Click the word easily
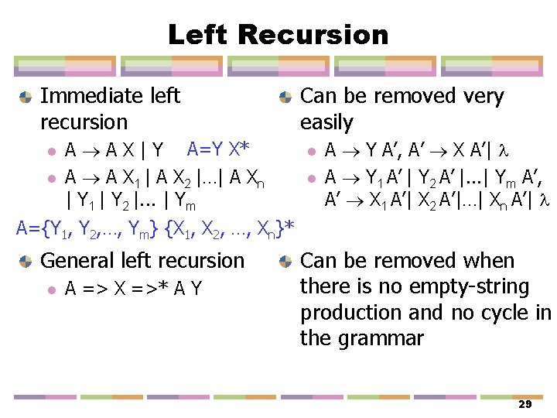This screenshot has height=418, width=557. [x=326, y=122]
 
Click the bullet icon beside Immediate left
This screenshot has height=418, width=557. [x=26, y=98]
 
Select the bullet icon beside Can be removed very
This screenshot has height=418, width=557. [x=285, y=98]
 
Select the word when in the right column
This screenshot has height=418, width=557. [x=487, y=261]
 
